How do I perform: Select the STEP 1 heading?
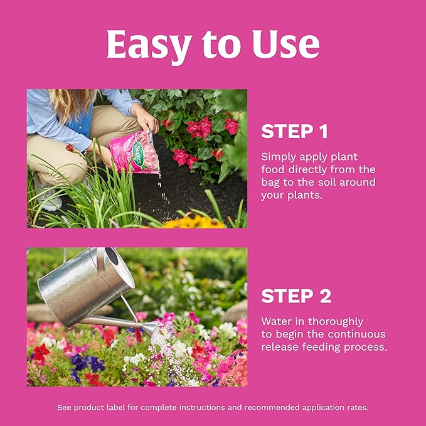[x=294, y=132]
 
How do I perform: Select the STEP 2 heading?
[x=296, y=296]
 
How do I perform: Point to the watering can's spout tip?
[x=157, y=327]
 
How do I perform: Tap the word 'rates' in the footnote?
[x=355, y=407]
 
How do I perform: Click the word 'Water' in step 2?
[x=276, y=321]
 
